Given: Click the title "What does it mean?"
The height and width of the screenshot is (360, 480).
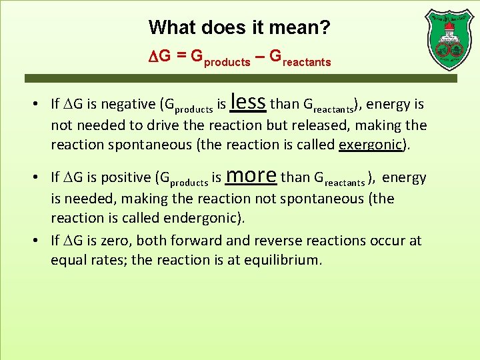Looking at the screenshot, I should [239, 27].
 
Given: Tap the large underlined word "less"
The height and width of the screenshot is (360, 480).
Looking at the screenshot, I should [248, 101].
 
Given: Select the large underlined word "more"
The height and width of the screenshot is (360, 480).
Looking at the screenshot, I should [251, 175].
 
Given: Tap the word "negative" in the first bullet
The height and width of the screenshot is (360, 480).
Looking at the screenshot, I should [127, 104].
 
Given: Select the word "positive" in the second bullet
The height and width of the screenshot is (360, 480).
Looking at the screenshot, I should [125, 177].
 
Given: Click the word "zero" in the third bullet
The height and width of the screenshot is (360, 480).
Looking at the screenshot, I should [129, 240].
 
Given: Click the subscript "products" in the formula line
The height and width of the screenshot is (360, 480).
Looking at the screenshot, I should [227, 63].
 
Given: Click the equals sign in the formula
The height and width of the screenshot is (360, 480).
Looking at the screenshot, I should [181, 57].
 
